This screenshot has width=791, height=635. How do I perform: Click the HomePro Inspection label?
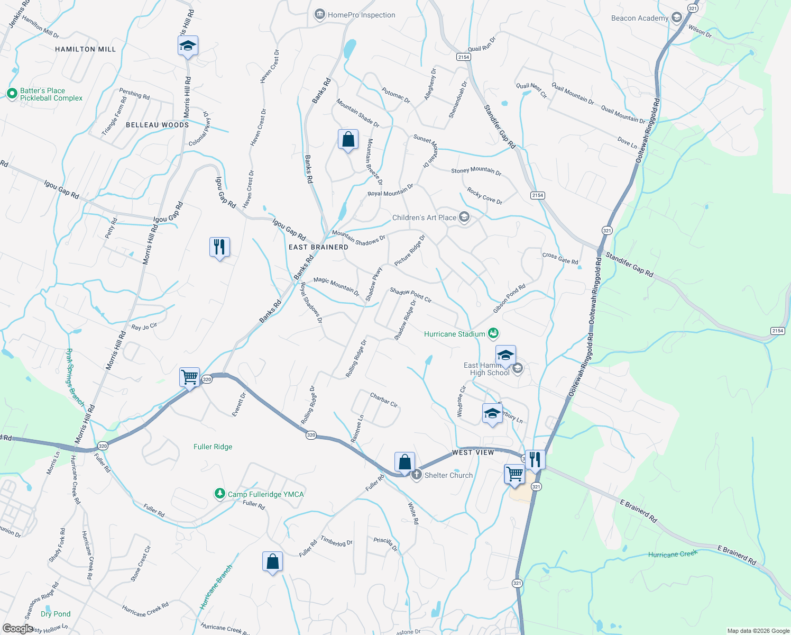361,15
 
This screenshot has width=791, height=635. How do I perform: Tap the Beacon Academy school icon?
676,18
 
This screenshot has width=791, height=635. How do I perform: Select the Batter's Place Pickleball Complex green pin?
12,94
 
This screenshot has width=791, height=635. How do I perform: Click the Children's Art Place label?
424,217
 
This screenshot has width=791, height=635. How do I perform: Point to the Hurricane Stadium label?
454,334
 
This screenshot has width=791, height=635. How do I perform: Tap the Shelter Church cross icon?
417,475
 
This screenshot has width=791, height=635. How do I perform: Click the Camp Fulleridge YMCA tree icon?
219,494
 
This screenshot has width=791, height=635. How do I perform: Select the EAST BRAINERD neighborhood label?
318,247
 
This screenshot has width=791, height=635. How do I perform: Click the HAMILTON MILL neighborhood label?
85,49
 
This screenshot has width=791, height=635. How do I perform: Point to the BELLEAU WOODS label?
157,125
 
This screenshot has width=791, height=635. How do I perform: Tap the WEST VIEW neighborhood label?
473,452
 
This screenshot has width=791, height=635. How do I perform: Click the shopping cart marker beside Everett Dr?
189,377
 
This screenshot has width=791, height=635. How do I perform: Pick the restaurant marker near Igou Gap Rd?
219,247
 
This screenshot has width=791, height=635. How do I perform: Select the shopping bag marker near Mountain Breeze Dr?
348,140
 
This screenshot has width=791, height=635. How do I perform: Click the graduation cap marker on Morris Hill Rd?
188,46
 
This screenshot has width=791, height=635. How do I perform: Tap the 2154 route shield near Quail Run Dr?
463,57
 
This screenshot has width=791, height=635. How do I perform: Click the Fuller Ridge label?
213,447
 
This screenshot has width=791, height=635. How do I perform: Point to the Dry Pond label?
56,614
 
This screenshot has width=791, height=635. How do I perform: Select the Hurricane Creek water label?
673,554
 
